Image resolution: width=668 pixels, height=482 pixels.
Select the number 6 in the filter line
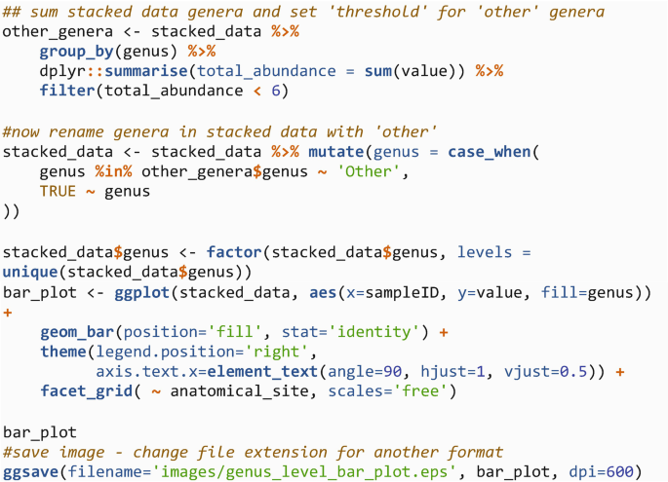coord(280,91)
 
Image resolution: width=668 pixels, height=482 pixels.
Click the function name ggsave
coord(30,472)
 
